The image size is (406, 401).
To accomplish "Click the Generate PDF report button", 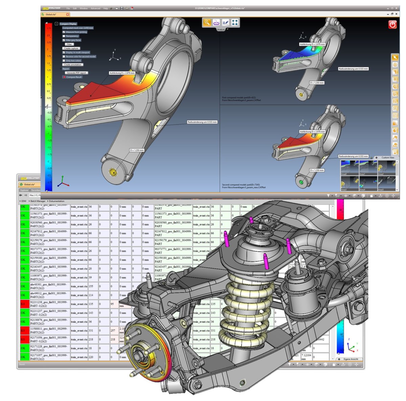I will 76,73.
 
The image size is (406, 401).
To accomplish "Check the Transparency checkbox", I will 64,36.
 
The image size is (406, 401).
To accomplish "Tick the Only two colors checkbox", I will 64,61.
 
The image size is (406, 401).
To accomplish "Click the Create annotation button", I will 73,65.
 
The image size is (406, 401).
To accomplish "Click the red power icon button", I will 392,24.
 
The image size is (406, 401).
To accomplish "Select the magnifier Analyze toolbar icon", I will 206,23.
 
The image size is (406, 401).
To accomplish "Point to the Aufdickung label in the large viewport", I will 122,73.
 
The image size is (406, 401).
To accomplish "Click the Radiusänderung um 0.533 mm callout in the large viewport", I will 202,122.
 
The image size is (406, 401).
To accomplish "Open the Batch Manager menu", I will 38,201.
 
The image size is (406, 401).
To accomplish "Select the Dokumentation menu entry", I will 56,201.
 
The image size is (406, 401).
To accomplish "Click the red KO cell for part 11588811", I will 23,330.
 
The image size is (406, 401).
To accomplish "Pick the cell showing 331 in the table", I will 91,331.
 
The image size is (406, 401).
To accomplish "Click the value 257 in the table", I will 113,331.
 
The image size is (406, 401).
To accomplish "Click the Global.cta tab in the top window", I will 51,15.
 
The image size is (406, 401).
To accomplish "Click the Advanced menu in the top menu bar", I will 95,8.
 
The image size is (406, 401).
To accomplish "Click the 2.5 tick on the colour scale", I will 48,35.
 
